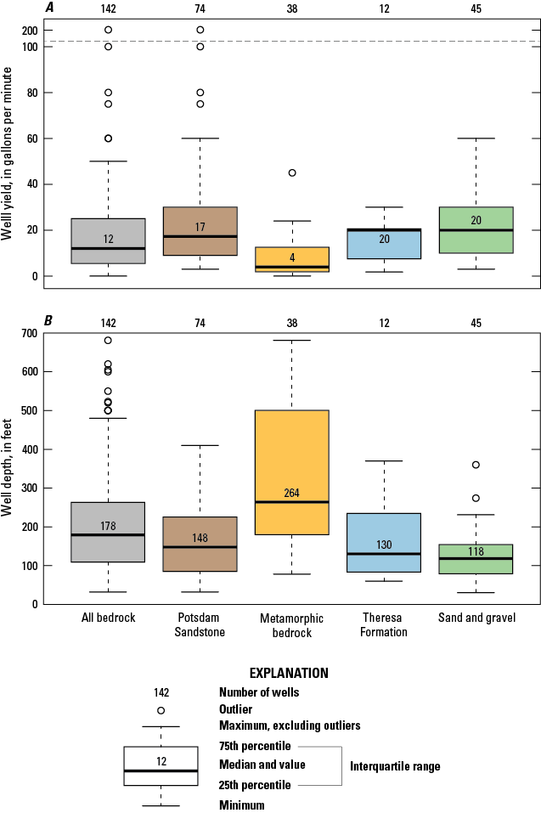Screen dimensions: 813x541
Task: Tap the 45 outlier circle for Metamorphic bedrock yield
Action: [292, 172]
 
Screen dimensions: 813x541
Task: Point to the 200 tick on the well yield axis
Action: [31, 30]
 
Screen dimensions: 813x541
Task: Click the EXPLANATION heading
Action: [270, 673]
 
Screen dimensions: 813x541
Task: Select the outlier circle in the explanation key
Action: [161, 710]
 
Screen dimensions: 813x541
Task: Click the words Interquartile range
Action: [395, 766]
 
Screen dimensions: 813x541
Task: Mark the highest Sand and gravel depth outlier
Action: [476, 465]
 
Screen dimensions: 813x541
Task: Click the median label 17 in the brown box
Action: [200, 228]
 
